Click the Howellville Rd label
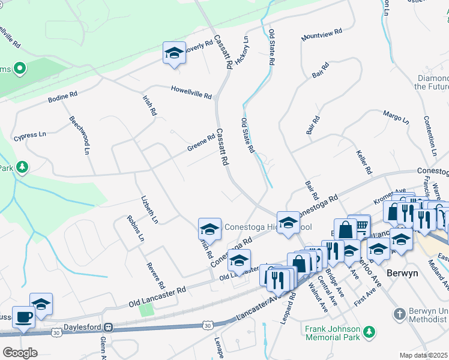191,92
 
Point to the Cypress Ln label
30,134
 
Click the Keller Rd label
364,161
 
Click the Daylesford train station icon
109,328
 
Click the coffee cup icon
24,317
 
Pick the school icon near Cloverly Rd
174,53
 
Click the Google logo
20,353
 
